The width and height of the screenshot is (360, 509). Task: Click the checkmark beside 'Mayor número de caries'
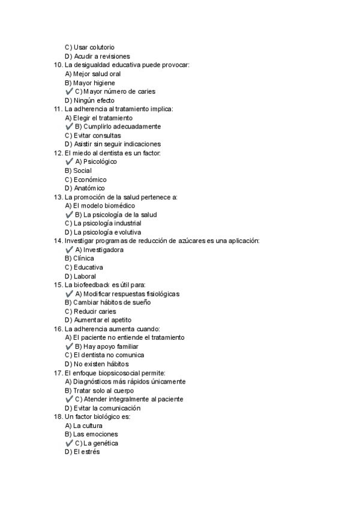(x=69, y=91)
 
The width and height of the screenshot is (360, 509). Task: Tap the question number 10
(x=58, y=65)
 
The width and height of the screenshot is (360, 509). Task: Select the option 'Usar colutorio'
(x=89, y=47)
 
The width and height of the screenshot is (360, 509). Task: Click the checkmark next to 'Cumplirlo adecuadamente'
(x=69, y=127)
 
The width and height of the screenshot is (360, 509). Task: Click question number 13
(x=58, y=197)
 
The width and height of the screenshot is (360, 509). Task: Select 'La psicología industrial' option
(x=98, y=223)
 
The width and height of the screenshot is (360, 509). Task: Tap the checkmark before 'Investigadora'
(x=69, y=250)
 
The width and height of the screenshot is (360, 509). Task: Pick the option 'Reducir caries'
(x=90, y=311)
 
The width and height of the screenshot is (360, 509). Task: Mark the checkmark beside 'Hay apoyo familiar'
(x=69, y=346)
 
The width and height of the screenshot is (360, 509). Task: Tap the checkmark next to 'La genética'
(x=69, y=443)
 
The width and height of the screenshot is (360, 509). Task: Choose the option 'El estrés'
(x=82, y=452)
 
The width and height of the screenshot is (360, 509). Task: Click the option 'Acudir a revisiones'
(x=97, y=56)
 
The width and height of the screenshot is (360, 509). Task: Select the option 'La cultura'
(x=83, y=426)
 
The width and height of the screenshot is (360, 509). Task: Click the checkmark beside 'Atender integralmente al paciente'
(x=69, y=399)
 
